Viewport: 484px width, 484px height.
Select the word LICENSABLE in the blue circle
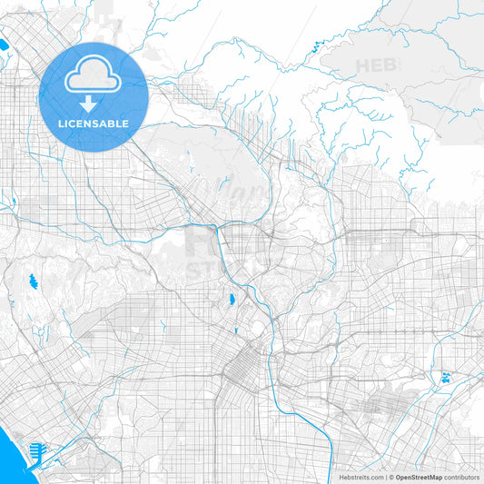[x=94, y=123]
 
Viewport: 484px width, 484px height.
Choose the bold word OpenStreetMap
[x=419, y=477]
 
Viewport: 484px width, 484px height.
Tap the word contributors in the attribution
[x=462, y=477]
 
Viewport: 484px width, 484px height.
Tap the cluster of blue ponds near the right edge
[x=447, y=377]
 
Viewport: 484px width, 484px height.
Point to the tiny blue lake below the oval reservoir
[x=235, y=331]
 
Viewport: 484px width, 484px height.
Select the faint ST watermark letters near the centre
[x=204, y=270]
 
